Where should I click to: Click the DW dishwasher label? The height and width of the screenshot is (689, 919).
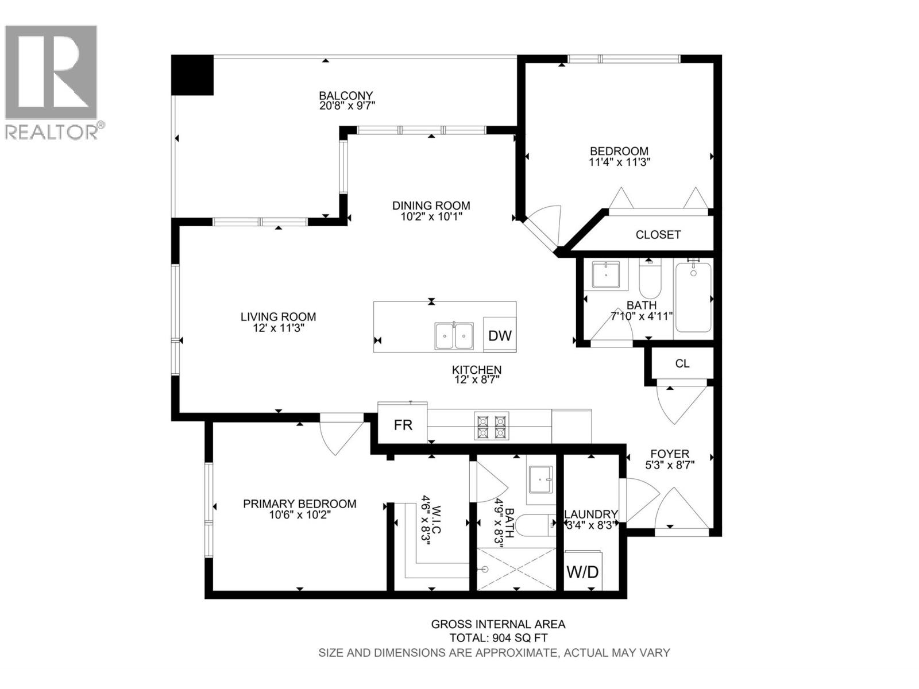point(500,335)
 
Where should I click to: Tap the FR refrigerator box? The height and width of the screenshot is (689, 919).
point(403,423)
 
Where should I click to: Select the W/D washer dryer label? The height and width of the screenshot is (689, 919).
point(582,571)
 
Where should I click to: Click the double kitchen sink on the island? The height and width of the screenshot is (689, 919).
point(454,335)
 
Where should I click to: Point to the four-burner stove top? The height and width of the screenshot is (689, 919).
point(492,426)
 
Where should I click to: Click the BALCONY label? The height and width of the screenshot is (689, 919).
point(346,96)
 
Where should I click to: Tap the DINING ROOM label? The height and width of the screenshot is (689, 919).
point(431,206)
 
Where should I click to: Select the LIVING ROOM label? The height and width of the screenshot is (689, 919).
point(279,317)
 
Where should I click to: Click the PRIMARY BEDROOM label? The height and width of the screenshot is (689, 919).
point(300,504)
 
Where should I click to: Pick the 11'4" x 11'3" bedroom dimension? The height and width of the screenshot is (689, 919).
point(619,162)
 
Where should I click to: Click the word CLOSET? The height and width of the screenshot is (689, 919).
point(658,235)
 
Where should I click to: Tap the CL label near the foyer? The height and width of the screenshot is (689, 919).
point(682,363)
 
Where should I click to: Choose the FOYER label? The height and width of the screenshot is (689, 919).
point(670,454)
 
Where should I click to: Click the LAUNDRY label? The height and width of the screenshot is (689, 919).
point(591,514)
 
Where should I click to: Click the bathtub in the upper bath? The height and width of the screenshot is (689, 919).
point(693,297)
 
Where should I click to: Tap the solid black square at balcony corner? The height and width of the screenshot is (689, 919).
point(192,75)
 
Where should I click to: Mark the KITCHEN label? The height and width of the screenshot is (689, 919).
point(477,370)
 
